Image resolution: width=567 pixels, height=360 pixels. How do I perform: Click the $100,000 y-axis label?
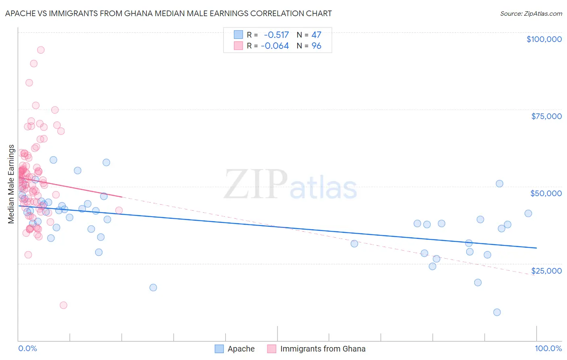pos(544,39)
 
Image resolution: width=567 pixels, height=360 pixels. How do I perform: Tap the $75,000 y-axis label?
pos(546,116)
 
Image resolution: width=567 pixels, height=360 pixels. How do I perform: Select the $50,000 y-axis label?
pos(546,193)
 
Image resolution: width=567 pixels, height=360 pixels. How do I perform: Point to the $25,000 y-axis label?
pos(546,271)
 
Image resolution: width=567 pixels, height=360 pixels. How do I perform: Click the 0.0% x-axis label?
pos(27,349)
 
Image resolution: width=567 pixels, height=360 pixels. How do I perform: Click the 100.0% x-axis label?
pos(548,349)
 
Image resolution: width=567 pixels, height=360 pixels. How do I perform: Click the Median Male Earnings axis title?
pos(11,184)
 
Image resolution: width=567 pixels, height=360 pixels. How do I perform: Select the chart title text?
pos(169,14)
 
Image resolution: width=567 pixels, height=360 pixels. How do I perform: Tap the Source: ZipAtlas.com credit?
pos(531,14)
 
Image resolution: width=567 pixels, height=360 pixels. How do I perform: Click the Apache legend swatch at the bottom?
pos(219,349)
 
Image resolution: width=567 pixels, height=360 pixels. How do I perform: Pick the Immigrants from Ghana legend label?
pos(323,349)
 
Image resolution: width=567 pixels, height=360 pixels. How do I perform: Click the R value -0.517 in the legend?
pos(276,35)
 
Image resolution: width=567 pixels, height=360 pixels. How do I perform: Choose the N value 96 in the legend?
pos(316,46)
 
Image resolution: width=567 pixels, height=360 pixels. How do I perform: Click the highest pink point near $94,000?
pos(41,50)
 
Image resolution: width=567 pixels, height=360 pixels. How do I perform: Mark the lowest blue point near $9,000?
pos(497,312)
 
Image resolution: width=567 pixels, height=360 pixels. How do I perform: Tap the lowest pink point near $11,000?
pos(63,305)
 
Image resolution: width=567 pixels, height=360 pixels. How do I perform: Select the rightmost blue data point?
pos(528,213)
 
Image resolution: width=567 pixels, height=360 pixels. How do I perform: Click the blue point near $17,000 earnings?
pos(153,288)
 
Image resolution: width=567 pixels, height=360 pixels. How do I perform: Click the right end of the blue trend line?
pos(536,248)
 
